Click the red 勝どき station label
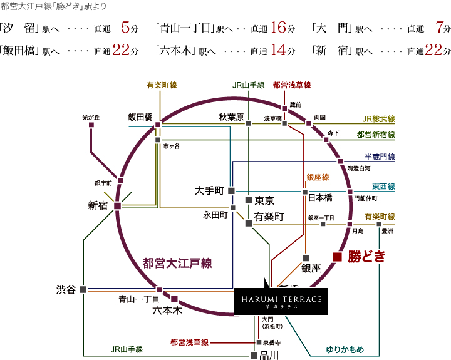click(366, 256)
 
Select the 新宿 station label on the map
click(100, 205)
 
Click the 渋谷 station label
click(66, 289)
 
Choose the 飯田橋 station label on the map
click(140, 116)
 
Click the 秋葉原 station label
click(231, 116)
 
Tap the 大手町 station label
click(209, 190)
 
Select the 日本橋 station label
click(320, 197)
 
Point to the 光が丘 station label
click(91, 117)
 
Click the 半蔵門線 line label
click(380, 157)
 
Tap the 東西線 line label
click(383, 187)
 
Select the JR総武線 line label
click(378, 118)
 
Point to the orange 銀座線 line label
click(318, 178)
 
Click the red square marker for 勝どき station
click(337, 256)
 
